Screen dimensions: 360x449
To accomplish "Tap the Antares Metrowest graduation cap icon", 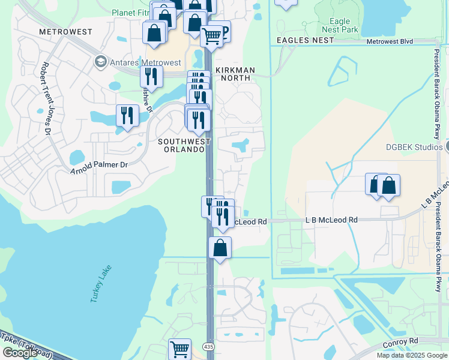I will point(100,62).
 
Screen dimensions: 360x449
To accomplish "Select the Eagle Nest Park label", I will point(339,25).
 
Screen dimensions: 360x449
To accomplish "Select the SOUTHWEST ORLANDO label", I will point(184,145).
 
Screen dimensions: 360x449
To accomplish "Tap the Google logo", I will point(20,353).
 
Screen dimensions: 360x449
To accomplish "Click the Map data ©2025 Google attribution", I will point(412,355).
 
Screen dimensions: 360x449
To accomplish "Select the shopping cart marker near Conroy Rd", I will point(179,349).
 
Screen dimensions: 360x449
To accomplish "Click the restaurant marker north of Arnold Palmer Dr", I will point(127,115).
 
